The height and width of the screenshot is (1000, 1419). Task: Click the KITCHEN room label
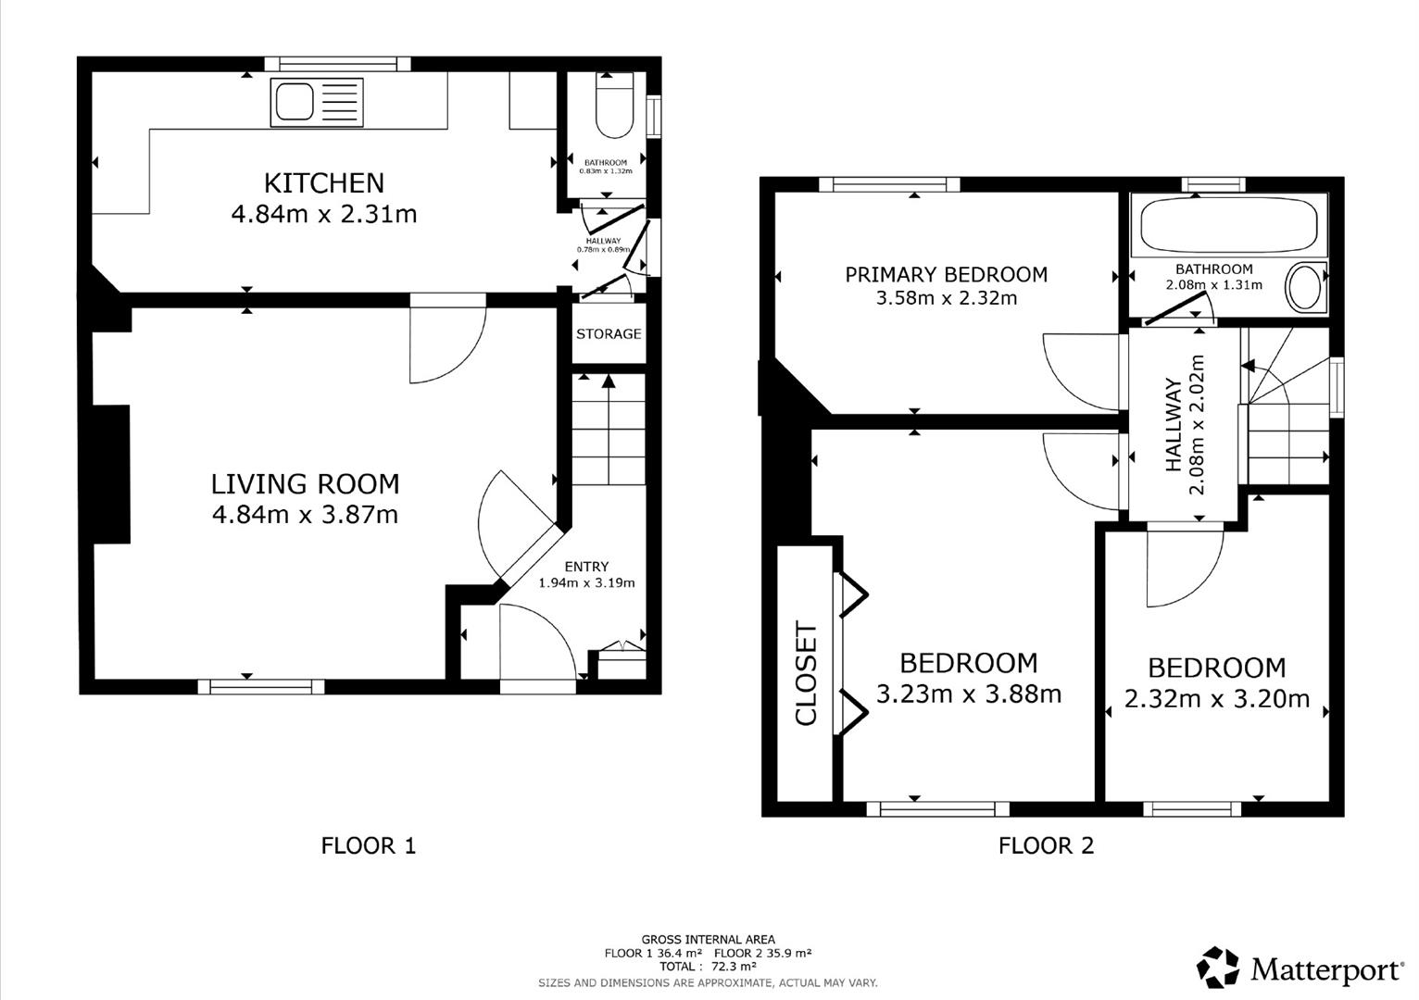[323, 183]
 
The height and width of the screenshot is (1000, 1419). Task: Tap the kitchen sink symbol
[317, 102]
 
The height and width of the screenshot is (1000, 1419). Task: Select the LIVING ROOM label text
[306, 484]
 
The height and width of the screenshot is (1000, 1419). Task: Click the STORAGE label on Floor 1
[609, 333]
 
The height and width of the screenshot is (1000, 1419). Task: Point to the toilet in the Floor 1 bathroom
[614, 106]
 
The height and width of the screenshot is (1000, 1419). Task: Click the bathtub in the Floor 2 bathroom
[1229, 224]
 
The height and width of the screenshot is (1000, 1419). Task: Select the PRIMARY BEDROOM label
[947, 274]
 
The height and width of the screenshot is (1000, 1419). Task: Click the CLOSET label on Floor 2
[807, 672]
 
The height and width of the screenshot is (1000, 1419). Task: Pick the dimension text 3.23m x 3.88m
[969, 694]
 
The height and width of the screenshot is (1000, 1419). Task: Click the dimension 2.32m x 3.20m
[1217, 699]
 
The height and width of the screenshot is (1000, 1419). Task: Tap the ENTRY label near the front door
[586, 566]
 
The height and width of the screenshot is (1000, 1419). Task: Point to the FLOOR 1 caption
[368, 845]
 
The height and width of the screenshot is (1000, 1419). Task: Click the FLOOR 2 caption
[1047, 845]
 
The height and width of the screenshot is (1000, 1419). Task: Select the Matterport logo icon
[1218, 967]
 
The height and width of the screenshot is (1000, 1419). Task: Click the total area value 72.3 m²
[735, 967]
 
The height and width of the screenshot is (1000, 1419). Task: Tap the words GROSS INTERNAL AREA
[709, 940]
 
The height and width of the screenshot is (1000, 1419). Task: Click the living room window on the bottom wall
[261, 686]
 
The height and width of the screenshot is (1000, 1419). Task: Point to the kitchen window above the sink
[338, 64]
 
